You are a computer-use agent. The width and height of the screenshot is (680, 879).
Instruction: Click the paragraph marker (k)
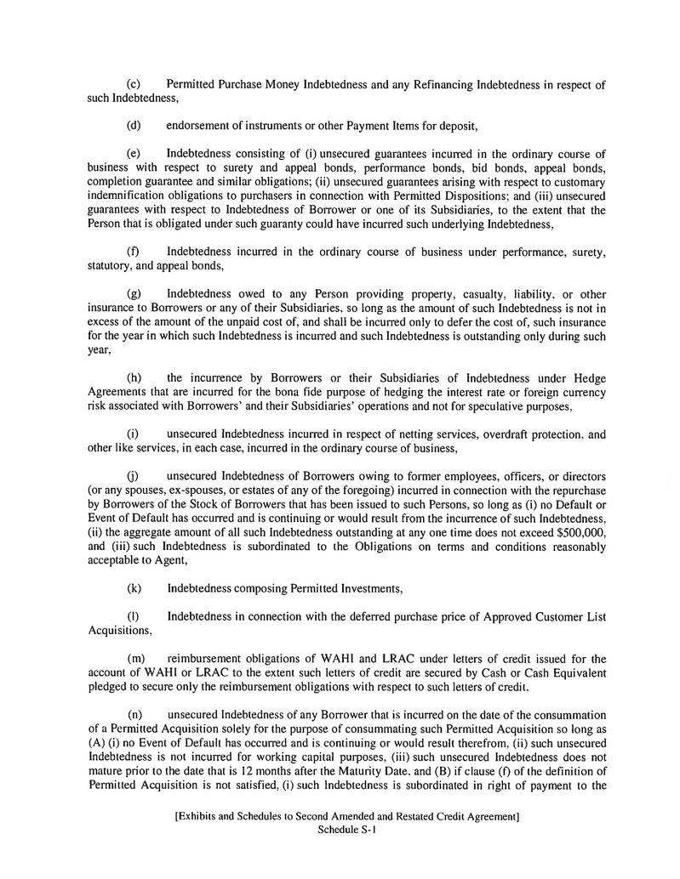point(134,587)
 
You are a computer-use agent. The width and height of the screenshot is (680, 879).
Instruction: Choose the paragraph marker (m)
point(135,657)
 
